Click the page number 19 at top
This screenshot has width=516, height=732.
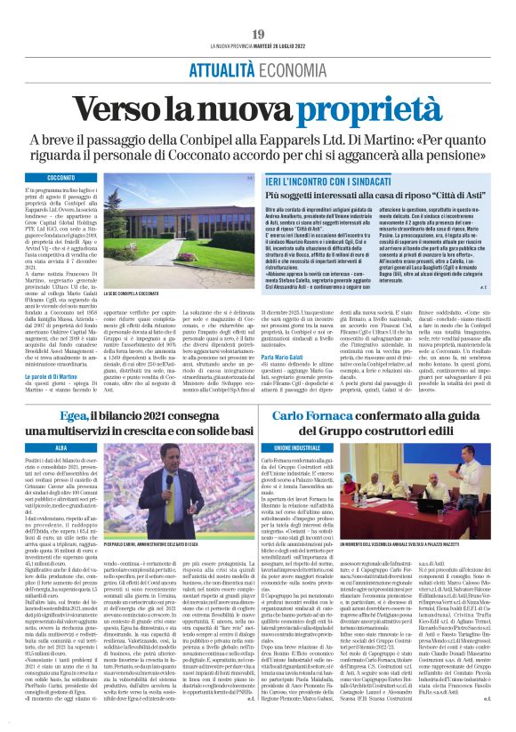258,34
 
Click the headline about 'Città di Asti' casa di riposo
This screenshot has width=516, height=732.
383,193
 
